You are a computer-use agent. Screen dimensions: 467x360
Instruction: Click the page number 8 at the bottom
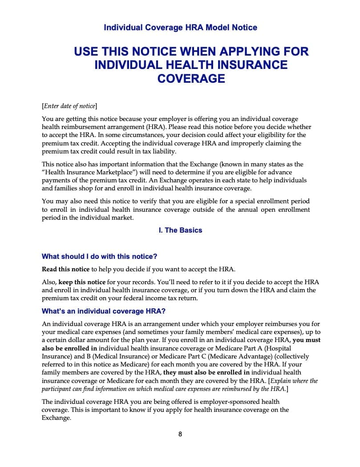click(180, 434)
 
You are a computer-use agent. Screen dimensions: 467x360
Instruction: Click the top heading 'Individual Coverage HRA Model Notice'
click(180, 28)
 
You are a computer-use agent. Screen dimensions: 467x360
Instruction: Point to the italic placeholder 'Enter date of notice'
click(69, 106)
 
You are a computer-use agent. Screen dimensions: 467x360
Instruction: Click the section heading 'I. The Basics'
click(180, 230)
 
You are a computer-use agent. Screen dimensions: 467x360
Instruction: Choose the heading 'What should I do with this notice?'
click(99, 257)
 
